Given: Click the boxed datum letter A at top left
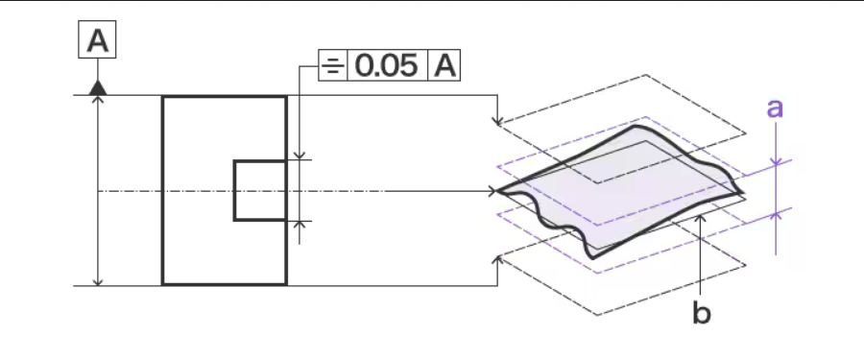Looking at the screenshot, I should coord(96,42).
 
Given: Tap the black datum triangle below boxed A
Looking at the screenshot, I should coord(96,88).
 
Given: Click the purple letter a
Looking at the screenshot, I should coord(776,108).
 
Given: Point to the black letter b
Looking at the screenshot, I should coord(703,314).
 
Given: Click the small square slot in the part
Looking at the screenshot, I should coord(260,190).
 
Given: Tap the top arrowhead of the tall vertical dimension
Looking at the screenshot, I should coord(97,101).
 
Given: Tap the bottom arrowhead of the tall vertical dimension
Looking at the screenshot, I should coord(97,279).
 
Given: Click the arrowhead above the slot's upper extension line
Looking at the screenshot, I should coord(300,155).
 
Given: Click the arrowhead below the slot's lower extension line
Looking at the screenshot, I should coord(300,226).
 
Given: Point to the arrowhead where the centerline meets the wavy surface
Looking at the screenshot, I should coord(493,191).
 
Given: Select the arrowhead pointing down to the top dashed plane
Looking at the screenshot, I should coord(496,120).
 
